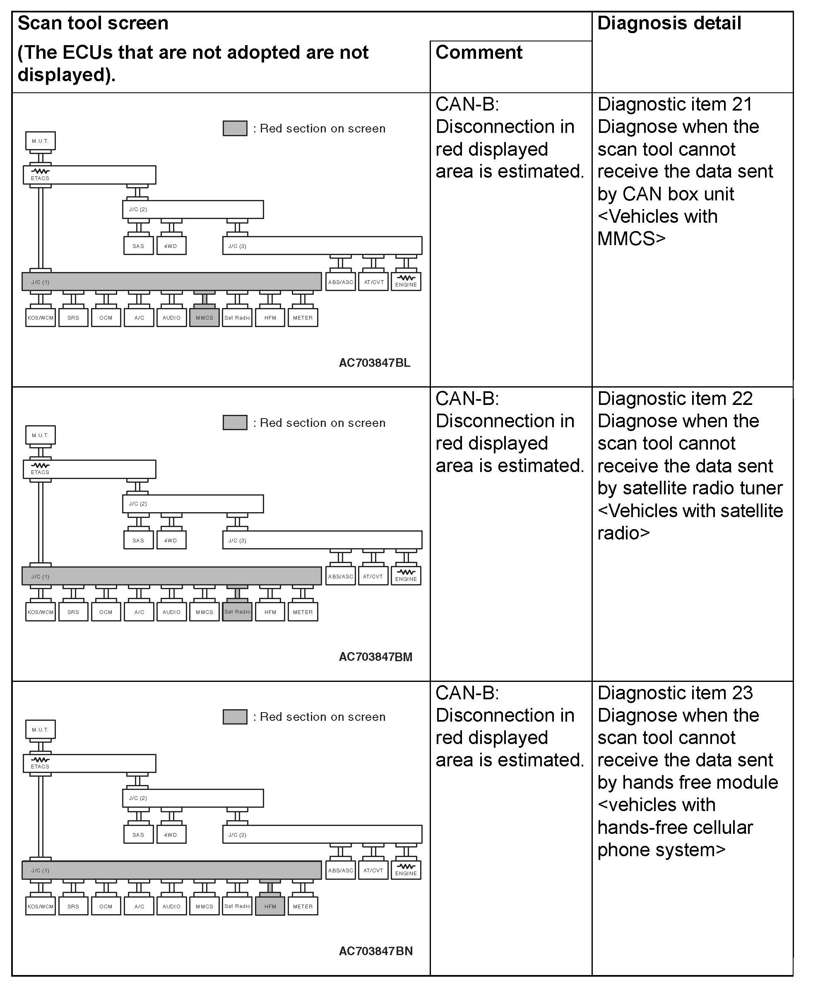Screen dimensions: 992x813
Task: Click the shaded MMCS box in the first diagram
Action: [x=204, y=318]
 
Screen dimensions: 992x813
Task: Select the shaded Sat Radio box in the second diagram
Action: [x=237, y=612]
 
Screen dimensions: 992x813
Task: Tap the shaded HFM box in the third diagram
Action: [x=270, y=906]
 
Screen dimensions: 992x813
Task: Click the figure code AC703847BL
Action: [x=374, y=363]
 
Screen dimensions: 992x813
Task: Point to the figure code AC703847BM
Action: [x=375, y=657]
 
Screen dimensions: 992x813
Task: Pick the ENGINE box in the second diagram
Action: [x=406, y=576]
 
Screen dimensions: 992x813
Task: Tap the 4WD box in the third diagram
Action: [x=171, y=835]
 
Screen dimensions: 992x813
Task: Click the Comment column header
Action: [x=479, y=53]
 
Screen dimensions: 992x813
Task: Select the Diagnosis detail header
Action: [x=669, y=24]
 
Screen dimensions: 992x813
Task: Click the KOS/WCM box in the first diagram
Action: [x=40, y=318]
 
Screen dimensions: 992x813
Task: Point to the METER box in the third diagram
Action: [x=303, y=906]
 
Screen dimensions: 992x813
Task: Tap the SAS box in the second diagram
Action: [x=138, y=540]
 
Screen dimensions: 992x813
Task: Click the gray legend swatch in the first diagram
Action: [x=235, y=128]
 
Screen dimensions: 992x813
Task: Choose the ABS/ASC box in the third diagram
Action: [x=340, y=870]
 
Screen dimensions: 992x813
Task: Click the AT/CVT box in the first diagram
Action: [x=373, y=282]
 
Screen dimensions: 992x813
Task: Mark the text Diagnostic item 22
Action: [x=675, y=399]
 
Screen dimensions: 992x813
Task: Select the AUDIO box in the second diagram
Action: [x=171, y=612]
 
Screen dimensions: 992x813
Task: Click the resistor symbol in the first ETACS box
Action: [x=40, y=171]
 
